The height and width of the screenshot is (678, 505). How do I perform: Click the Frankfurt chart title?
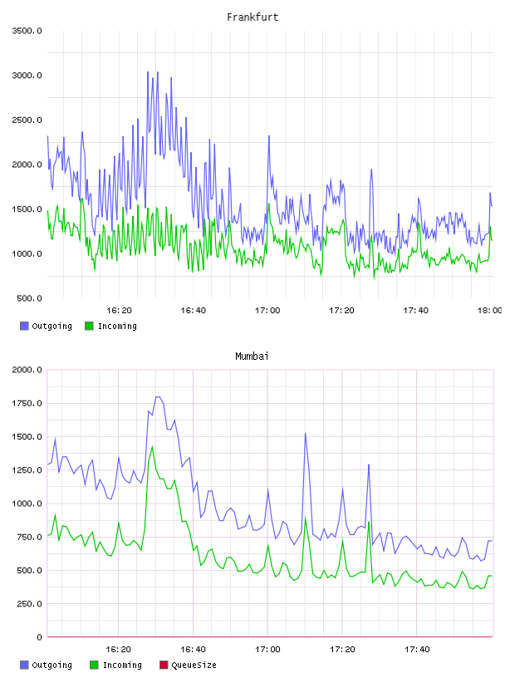click(x=252, y=17)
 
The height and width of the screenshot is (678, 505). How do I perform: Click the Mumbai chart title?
click(x=252, y=356)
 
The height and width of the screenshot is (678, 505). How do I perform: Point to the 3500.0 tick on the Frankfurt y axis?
click(x=27, y=31)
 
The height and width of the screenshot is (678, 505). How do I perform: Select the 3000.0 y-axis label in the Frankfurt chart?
click(x=27, y=76)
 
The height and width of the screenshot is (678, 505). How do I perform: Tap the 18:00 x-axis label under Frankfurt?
click(x=489, y=310)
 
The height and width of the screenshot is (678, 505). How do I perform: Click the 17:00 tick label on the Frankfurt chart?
click(x=267, y=310)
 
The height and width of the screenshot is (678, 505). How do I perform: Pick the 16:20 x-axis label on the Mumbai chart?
click(x=119, y=649)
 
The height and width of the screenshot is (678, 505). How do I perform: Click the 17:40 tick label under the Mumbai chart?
click(x=417, y=649)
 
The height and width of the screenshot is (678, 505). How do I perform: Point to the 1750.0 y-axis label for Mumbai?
click(x=27, y=403)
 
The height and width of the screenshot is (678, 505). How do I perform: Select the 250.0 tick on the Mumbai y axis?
click(x=29, y=603)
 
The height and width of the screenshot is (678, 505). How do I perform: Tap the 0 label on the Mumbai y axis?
click(x=39, y=637)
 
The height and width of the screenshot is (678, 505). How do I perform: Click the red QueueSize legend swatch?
click(x=164, y=665)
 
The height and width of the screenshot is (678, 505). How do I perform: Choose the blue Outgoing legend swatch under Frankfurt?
click(x=24, y=326)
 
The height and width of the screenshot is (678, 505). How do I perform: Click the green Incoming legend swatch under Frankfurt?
click(x=89, y=326)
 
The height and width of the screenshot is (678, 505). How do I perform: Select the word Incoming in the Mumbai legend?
click(x=122, y=665)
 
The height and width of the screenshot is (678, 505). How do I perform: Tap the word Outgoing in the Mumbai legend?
click(x=51, y=665)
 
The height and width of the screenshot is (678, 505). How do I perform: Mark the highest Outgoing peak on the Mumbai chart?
click(x=158, y=397)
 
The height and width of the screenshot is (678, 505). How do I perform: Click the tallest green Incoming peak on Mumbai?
click(x=152, y=447)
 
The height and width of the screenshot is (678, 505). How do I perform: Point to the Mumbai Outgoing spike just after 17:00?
click(x=306, y=434)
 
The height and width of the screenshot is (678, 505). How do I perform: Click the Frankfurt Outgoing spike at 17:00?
click(x=269, y=136)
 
